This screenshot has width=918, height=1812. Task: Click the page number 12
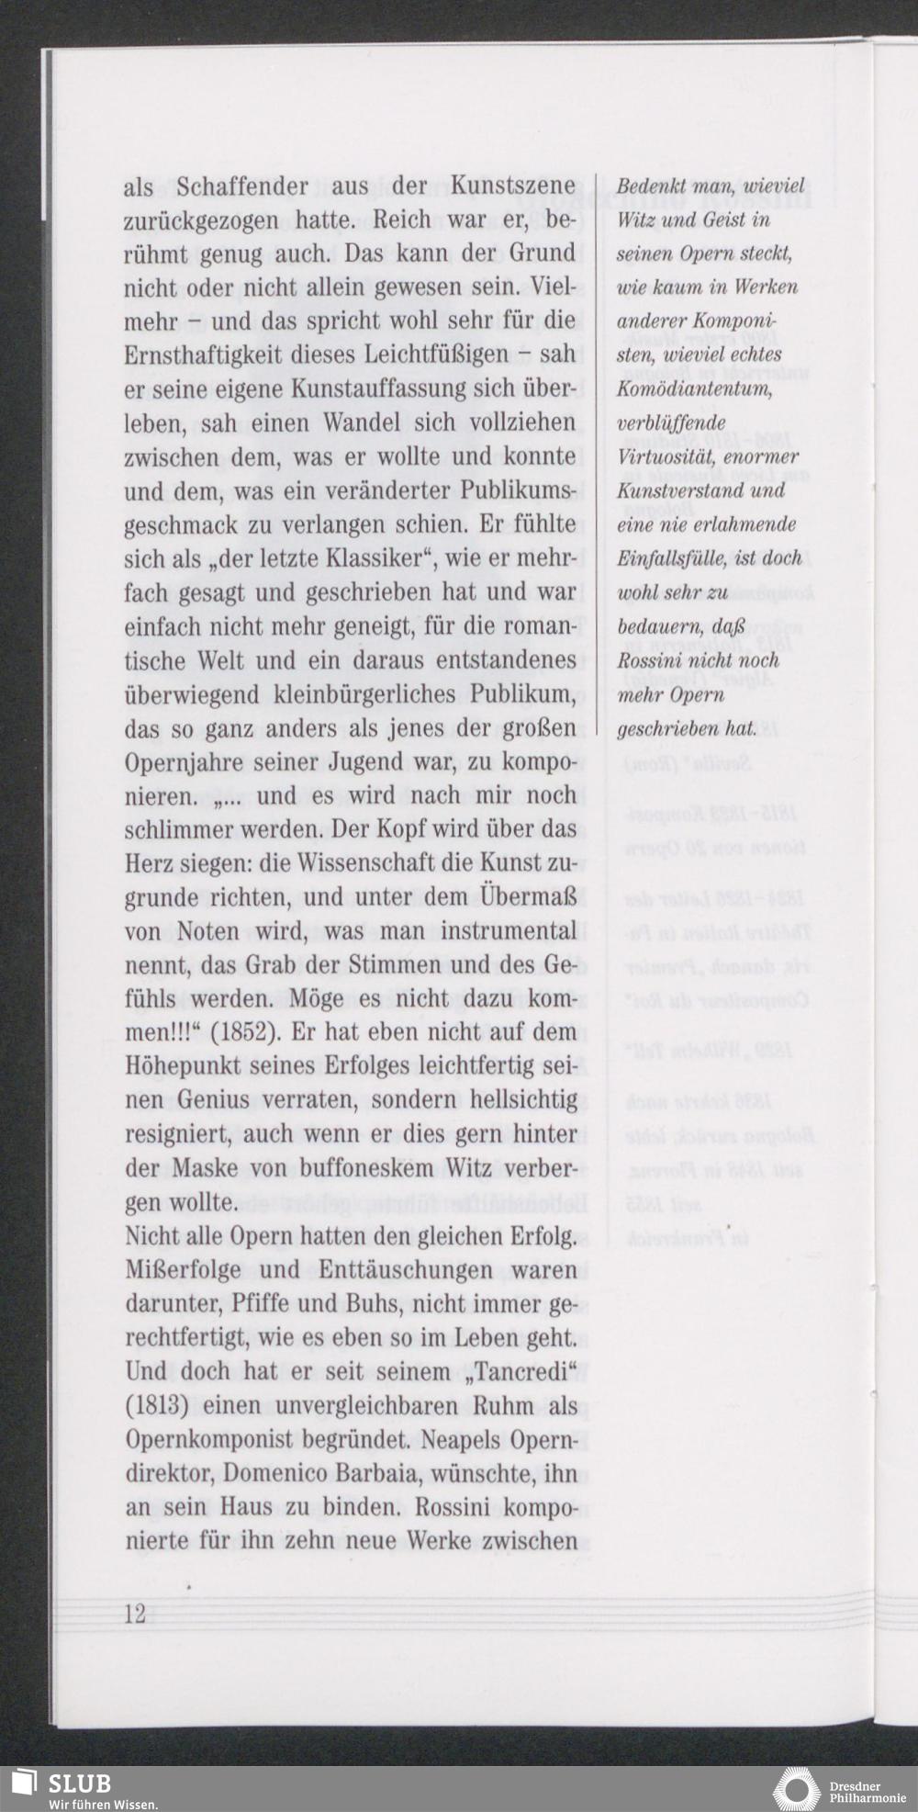click(x=135, y=1613)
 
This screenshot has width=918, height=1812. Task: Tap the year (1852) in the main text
click(x=245, y=1032)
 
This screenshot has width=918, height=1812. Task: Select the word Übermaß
click(x=528, y=896)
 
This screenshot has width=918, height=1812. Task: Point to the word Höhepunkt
click(x=183, y=1066)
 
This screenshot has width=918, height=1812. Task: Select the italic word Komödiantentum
click(x=695, y=389)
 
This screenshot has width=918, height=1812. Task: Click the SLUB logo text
click(x=80, y=1783)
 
